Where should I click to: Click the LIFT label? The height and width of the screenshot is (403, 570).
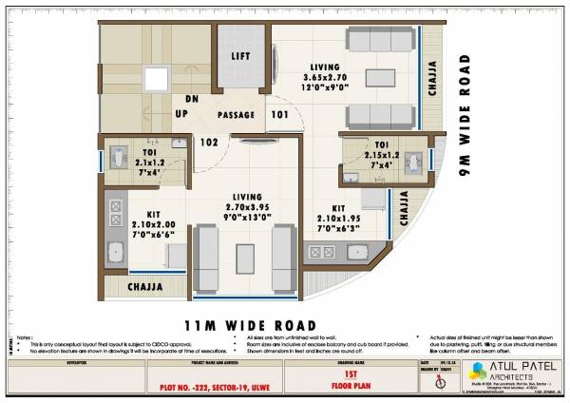[241, 56]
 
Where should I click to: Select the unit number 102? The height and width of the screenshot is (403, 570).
[209, 143]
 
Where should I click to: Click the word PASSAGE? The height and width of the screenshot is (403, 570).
[237, 115]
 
